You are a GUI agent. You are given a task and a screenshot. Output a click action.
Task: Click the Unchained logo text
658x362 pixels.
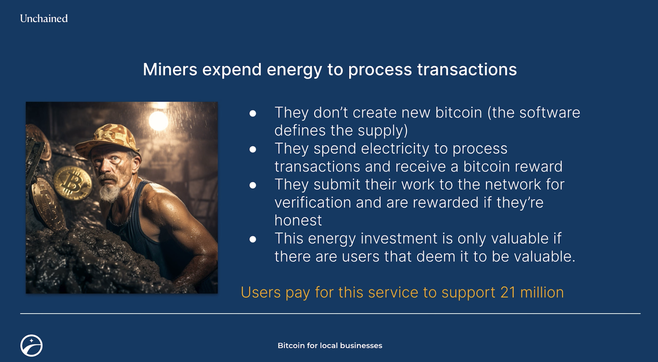44,18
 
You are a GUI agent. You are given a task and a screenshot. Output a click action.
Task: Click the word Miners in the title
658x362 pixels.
170,69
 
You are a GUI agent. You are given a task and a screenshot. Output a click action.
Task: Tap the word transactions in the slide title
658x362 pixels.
467,69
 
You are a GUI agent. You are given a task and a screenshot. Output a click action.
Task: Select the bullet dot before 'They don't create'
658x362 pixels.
253,114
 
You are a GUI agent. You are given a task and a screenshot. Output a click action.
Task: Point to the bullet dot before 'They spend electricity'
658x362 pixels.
253,149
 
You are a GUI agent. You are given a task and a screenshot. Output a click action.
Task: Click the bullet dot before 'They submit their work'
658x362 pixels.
253,185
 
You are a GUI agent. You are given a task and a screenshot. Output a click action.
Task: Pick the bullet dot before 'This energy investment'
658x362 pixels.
253,239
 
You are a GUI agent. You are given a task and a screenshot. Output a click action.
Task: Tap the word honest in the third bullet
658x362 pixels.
298,220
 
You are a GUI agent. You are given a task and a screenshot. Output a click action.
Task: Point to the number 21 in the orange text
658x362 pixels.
508,293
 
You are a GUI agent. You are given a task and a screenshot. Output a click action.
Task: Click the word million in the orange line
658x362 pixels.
542,293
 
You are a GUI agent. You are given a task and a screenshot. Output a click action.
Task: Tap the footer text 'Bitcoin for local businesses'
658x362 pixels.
330,346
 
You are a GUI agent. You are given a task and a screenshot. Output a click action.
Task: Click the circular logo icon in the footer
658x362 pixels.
31,346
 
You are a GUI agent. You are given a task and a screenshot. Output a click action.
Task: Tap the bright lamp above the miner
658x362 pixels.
158,121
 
